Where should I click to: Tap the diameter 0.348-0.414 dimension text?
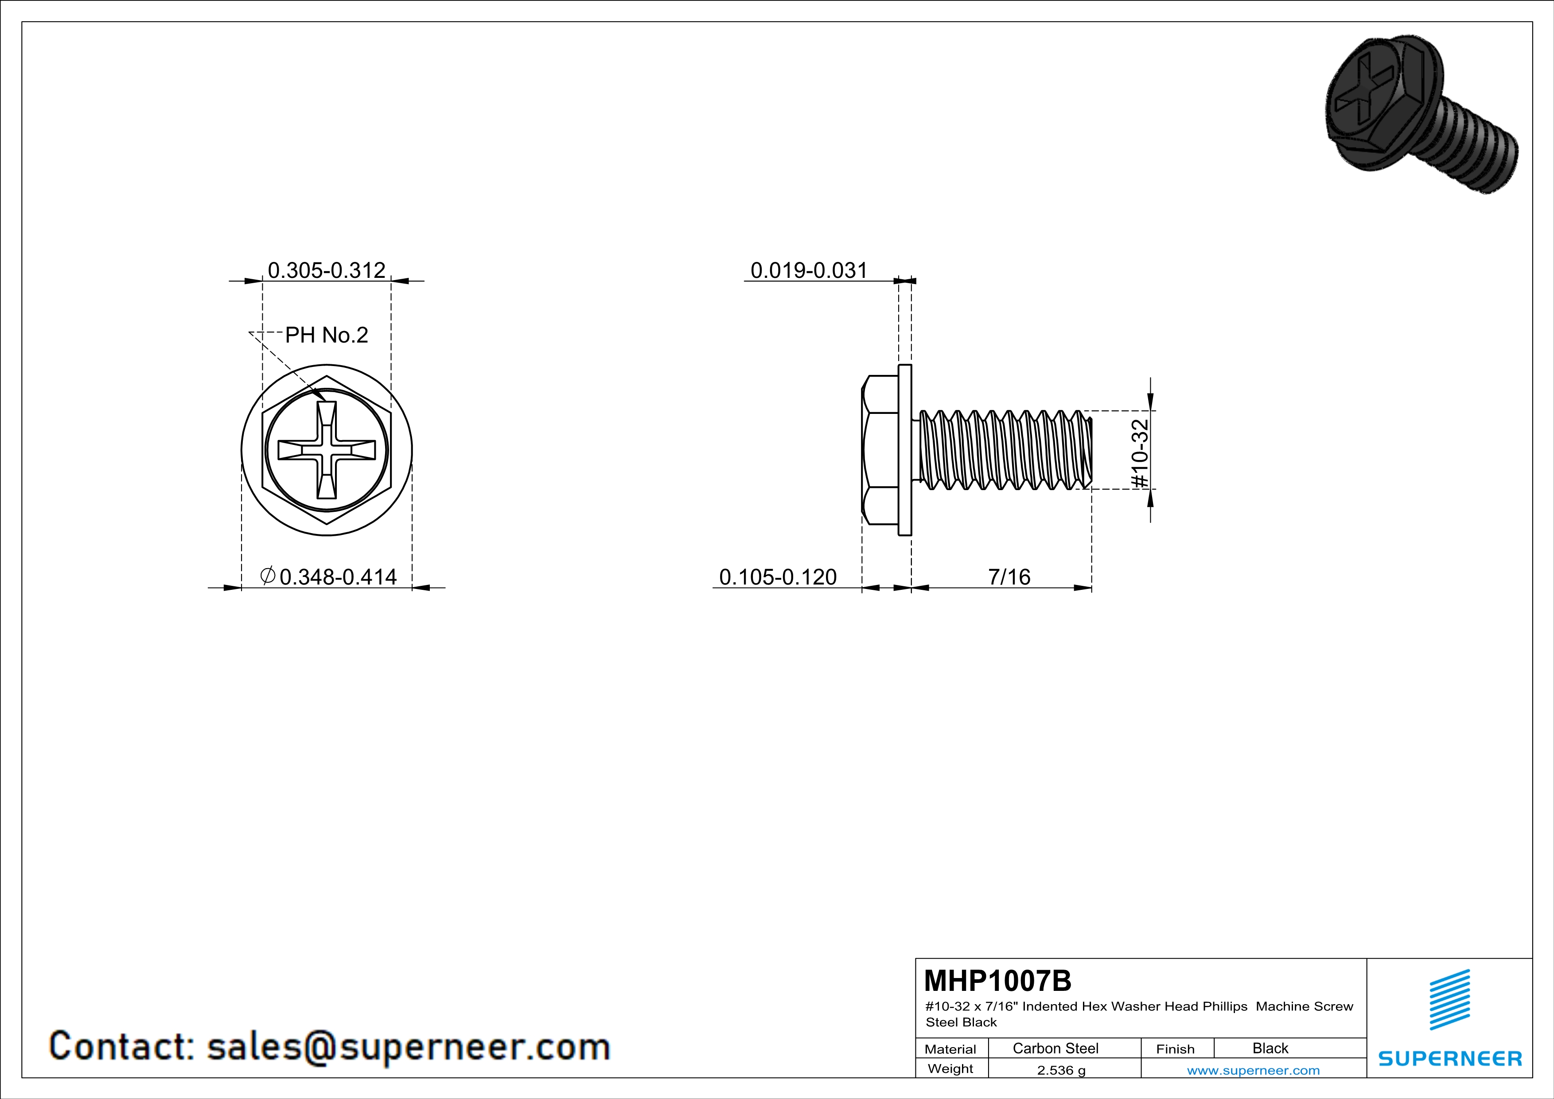328,577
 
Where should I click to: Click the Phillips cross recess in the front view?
327,450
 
